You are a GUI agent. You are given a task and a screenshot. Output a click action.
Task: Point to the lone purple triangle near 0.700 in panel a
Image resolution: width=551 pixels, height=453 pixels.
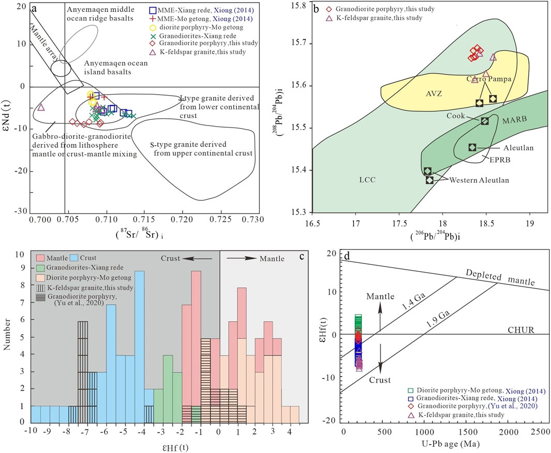(41, 107)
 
